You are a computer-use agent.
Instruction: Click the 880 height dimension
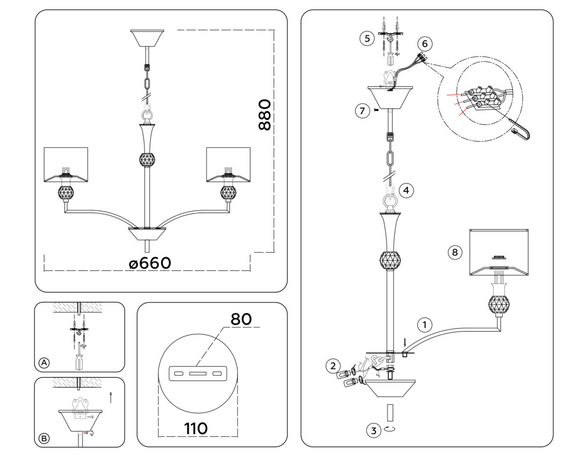tap(264, 115)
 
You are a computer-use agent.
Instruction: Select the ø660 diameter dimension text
tap(150, 263)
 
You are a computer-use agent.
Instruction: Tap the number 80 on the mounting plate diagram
tap(241, 319)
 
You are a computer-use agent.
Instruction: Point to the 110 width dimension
tap(196, 429)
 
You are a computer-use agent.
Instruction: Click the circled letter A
tap(44, 363)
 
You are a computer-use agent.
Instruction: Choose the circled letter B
tap(44, 439)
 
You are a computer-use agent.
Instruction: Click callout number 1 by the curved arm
tap(425, 324)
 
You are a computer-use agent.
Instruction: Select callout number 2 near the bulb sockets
tap(333, 365)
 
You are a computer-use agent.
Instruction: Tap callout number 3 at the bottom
tap(374, 431)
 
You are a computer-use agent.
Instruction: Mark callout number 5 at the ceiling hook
tap(367, 38)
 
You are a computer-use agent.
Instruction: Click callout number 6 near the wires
tap(424, 44)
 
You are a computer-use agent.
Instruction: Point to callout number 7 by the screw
tap(362, 111)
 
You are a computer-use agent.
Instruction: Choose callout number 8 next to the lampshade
tap(455, 252)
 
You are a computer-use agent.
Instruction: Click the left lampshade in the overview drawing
tap(66, 163)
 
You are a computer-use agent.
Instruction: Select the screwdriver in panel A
tap(78, 360)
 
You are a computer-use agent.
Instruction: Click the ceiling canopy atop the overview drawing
tap(147, 38)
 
